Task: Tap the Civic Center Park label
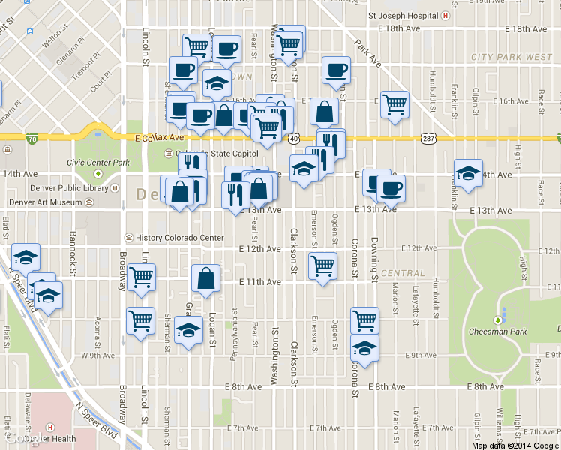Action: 97,162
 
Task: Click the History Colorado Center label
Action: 179,238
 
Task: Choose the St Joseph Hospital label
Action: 403,15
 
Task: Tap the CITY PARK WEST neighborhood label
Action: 511,57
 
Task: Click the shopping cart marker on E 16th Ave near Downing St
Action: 394,104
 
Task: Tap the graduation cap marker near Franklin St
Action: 468,173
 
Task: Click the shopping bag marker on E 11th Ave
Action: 206,278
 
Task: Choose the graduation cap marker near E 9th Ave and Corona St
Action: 364,348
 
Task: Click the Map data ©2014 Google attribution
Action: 515,445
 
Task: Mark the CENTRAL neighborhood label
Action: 397,272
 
